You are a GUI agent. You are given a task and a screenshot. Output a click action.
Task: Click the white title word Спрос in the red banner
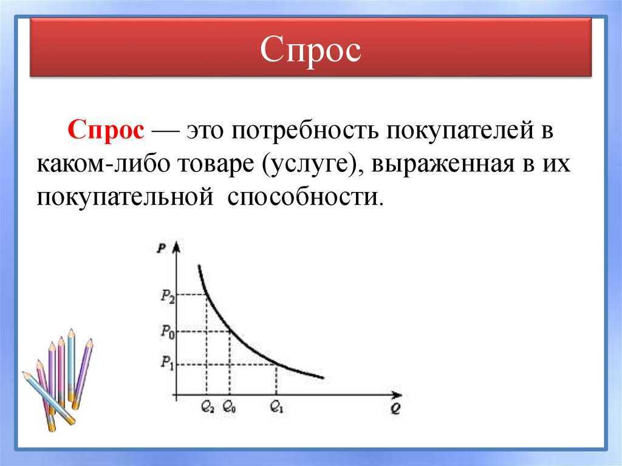[310, 50]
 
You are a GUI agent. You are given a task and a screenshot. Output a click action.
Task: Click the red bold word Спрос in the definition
[106, 129]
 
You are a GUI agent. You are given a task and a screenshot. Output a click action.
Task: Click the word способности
[306, 196]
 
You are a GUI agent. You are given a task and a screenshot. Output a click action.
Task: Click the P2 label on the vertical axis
[168, 296]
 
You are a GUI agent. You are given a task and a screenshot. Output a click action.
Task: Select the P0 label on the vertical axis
[168, 332]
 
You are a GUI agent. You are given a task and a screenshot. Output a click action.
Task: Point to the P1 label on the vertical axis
[167, 362]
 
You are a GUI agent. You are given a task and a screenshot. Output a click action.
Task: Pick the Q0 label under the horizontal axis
[229, 406]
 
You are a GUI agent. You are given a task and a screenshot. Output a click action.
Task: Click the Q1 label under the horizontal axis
[276, 406]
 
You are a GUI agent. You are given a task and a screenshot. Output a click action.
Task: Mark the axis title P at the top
[162, 249]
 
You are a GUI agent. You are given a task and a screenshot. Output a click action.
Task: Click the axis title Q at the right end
[395, 409]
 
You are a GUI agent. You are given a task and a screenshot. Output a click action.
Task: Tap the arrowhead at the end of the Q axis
[396, 396]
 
